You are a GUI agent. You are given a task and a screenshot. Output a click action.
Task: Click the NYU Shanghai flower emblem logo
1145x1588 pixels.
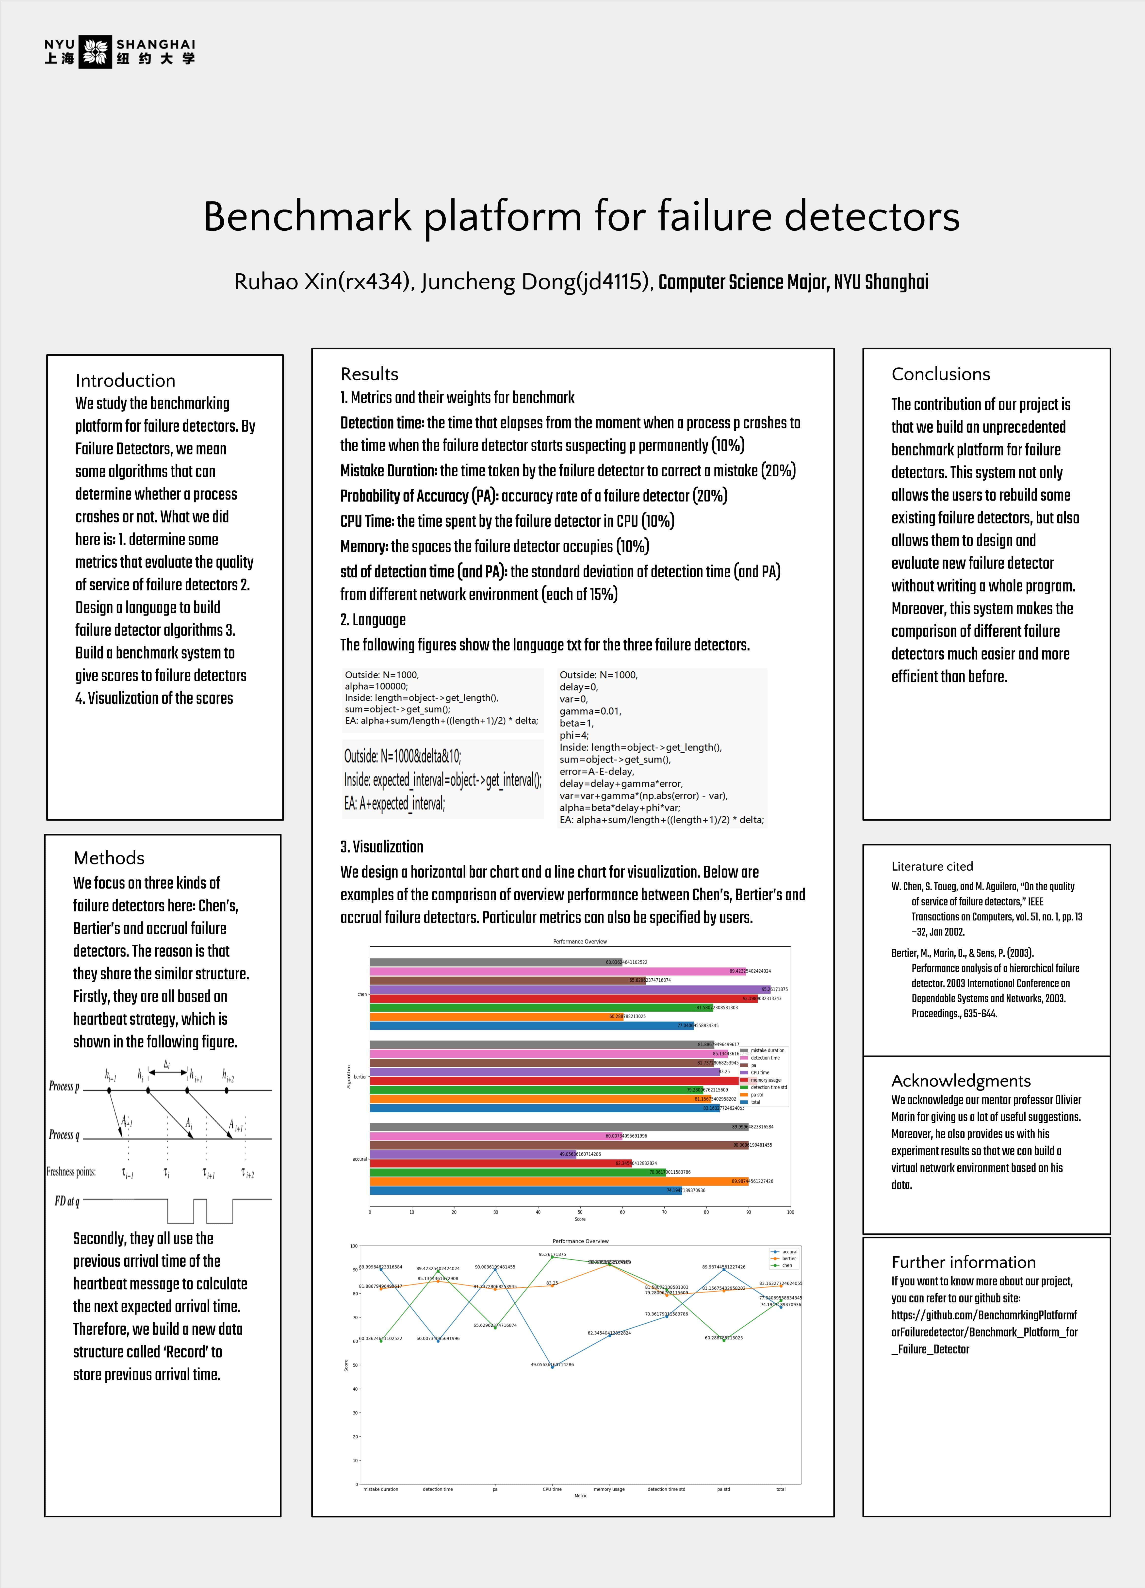pyautogui.click(x=95, y=52)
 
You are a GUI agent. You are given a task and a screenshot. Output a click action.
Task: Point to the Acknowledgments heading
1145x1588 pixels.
pyautogui.click(x=961, y=1080)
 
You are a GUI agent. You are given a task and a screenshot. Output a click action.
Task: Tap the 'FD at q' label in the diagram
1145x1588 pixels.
pyautogui.click(x=66, y=1201)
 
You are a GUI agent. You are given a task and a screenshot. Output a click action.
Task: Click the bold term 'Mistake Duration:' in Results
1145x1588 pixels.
pyautogui.click(x=389, y=470)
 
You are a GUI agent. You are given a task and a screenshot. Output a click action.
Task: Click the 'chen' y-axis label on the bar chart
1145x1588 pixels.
pyautogui.click(x=362, y=994)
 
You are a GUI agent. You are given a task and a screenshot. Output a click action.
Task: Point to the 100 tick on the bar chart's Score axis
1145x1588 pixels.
pyautogui.click(x=790, y=1212)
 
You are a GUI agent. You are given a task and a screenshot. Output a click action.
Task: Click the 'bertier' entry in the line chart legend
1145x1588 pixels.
pyautogui.click(x=788, y=1258)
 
